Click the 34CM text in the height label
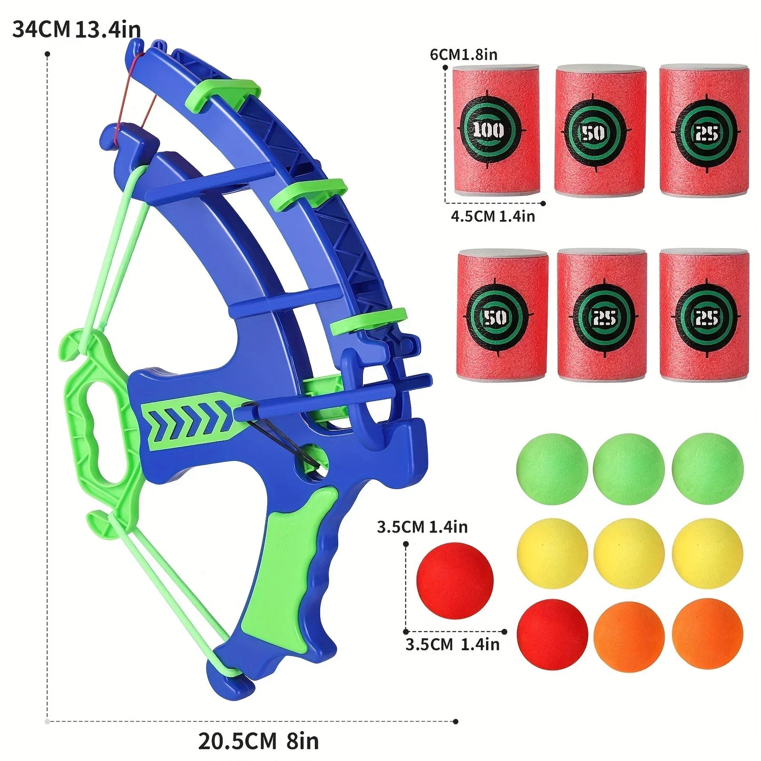41,29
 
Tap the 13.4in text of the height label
108,29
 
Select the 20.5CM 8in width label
258,741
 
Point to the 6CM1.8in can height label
463,54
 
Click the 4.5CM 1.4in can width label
492,216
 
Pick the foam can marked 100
496,131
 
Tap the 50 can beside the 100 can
600,131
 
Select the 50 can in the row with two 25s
501,315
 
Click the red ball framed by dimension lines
454,581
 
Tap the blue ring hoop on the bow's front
363,390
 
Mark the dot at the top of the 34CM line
47,54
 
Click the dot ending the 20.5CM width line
456,722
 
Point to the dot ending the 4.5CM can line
543,203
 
